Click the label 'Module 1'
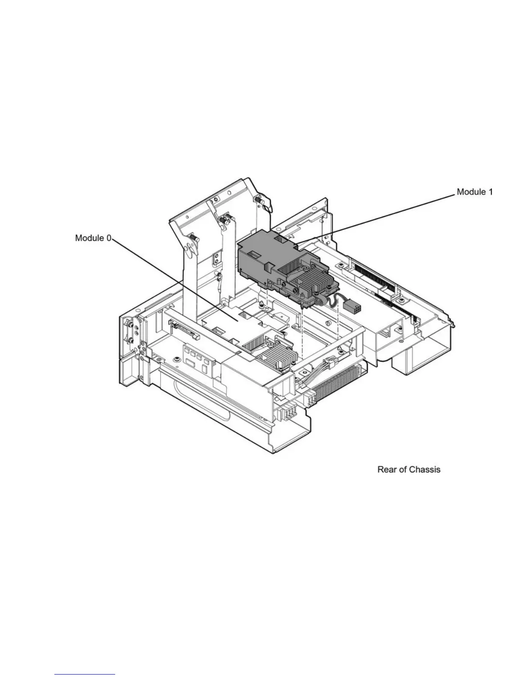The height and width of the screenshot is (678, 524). (474, 192)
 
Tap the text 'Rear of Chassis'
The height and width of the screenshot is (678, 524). (408, 470)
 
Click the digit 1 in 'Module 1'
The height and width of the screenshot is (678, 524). (490, 192)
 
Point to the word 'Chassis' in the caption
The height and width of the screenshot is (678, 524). (425, 470)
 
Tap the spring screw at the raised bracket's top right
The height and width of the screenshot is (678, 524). (259, 199)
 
